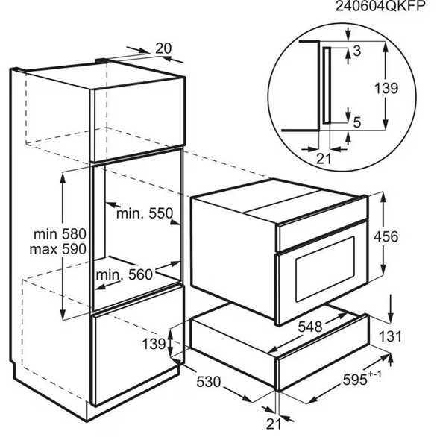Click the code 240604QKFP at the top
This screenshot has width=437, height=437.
pos(380,6)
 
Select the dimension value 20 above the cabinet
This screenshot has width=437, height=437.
pos(163,48)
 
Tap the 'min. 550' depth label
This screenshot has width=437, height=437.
pos(145,214)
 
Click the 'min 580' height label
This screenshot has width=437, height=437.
pos(60,234)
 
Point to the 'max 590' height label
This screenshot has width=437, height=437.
pos(58,249)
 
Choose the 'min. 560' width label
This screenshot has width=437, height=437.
pos(125,275)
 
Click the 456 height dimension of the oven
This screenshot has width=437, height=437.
pos(386,237)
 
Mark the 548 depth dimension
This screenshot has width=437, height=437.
pos(310,327)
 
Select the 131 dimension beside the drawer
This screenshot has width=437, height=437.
pos(391,336)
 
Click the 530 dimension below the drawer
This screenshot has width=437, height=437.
pos(209,382)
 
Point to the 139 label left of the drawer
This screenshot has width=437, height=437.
pos(154,344)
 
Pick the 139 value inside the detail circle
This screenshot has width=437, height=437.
pos(386,89)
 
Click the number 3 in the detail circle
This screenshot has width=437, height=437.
pos(357,51)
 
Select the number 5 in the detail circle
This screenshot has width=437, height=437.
pos(357,122)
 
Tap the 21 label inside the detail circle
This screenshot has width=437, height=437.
pos(324,159)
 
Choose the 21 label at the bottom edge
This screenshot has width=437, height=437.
pos(274,424)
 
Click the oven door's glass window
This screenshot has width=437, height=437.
pos(325,269)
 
